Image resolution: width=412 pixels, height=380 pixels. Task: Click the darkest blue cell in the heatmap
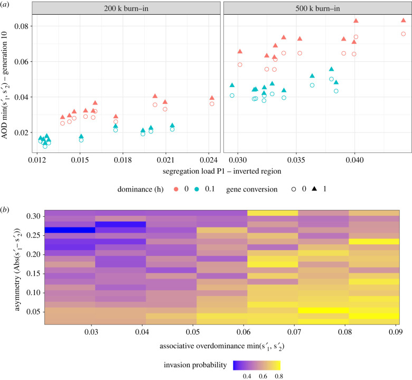(x=69, y=230)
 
